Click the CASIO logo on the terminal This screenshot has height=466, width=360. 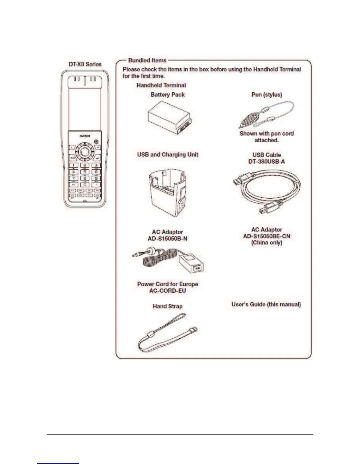(85, 136)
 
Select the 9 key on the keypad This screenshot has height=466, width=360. (96, 178)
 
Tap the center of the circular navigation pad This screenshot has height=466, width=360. (85, 152)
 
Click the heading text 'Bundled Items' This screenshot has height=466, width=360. (147, 60)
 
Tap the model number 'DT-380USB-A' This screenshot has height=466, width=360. (266, 161)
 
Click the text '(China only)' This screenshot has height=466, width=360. (266, 243)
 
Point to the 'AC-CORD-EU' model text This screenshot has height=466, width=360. (167, 291)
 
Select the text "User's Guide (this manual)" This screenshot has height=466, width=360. (266, 304)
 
